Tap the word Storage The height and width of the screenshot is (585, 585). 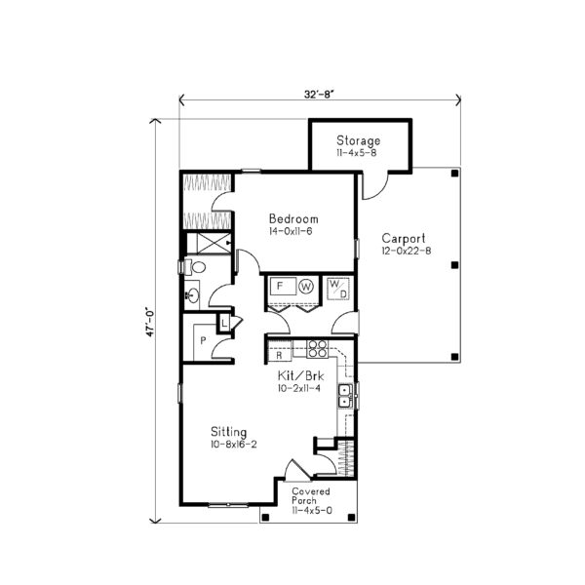pos(359,140)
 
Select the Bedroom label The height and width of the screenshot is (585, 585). pos(293,219)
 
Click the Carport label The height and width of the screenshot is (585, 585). pos(402,238)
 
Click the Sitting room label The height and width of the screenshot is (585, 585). pos(227,432)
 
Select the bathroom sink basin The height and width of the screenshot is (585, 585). pos(193,291)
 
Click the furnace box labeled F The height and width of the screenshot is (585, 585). pos(281,287)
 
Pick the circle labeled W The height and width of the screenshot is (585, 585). pos(307,287)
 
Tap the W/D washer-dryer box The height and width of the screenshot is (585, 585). pos(338,288)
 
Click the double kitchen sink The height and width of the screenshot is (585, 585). pos(344,395)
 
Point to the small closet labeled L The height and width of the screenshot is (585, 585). pos(224,321)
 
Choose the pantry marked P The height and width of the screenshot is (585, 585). pos(203,339)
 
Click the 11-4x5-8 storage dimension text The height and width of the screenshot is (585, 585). pos(359,153)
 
